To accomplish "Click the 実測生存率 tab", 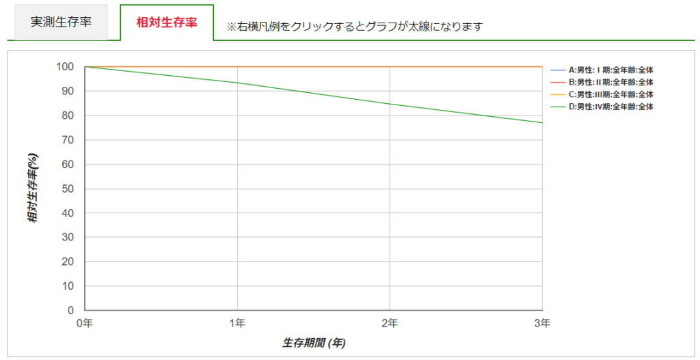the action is coord(61,23).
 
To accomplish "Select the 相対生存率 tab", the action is coord(167,23).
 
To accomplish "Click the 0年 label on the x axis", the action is coord(84,322).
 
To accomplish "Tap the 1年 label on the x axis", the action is coord(237,322).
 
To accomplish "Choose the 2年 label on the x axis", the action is coord(390,322).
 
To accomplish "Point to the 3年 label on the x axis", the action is coord(542,322).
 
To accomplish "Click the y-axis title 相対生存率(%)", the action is coord(33,189).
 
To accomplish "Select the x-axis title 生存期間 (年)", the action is coord(314,343).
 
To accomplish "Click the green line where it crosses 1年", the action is coord(237,83).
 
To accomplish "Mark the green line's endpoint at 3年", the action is coord(542,123).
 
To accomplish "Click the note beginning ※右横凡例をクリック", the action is coord(355,27).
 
